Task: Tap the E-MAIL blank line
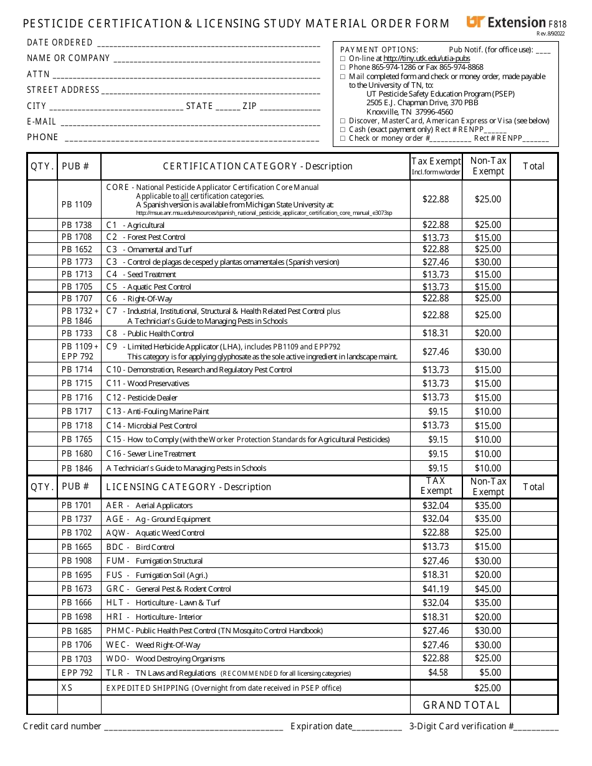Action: tap(190, 122)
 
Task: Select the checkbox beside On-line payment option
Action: tap(341, 59)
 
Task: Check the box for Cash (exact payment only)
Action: tap(341, 130)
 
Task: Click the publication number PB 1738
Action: tap(77, 225)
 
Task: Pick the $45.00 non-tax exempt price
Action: tap(487, 589)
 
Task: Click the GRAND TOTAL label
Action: tap(461, 705)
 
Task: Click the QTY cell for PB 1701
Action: tap(42, 506)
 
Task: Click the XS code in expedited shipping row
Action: tap(67, 688)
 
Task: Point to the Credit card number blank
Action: tap(193, 727)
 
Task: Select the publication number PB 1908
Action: tap(77, 561)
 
